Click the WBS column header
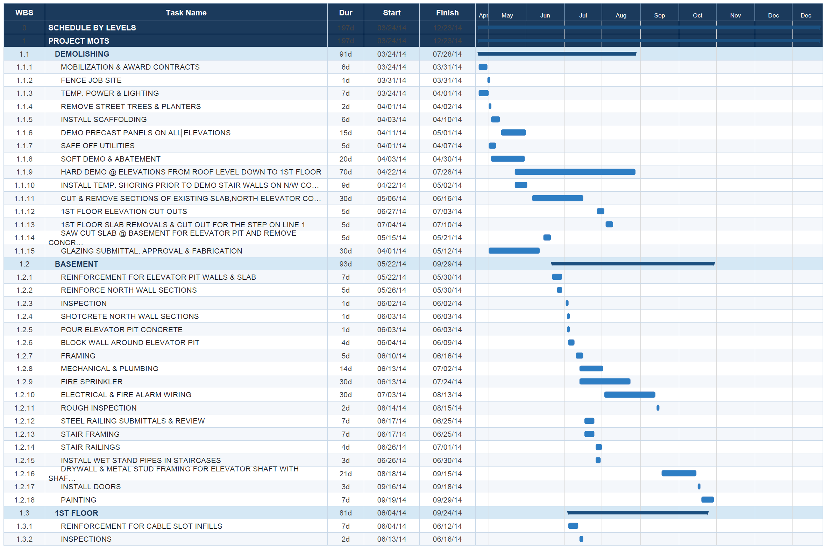coord(24,13)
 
